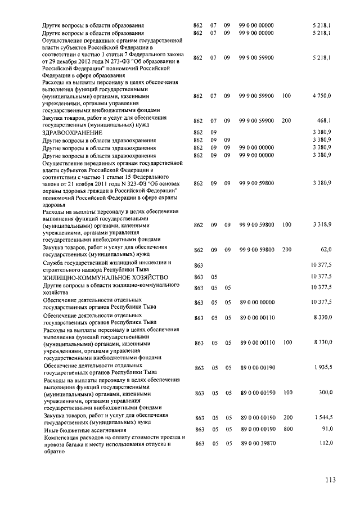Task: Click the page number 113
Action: pos(330,480)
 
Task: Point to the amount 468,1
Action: pos(323,120)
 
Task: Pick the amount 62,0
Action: pos(326,249)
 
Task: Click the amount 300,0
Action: pos(325,392)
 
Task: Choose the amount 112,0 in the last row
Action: pos(325,444)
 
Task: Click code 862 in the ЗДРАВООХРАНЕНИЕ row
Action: pos(197,132)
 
